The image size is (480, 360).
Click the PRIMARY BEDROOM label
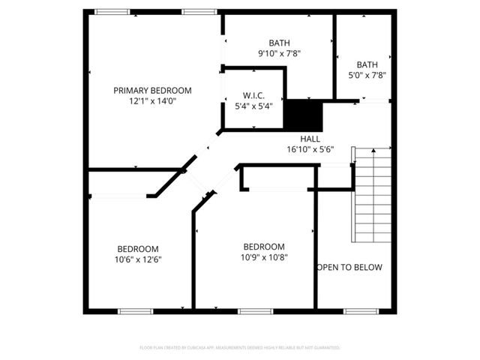pyautogui.click(x=152, y=90)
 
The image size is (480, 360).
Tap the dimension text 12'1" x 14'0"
pyautogui.click(x=152, y=101)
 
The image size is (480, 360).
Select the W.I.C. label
pyautogui.click(x=253, y=95)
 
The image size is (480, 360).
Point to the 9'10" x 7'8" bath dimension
pyautogui.click(x=279, y=54)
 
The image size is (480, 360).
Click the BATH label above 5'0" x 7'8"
pyautogui.click(x=367, y=64)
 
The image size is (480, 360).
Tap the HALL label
pyautogui.click(x=310, y=139)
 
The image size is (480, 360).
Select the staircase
pyautogui.click(x=372, y=193)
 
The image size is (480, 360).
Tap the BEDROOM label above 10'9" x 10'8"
pyautogui.click(x=264, y=247)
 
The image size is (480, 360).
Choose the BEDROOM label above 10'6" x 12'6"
pyautogui.click(x=137, y=249)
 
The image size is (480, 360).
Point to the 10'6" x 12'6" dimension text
pyautogui.click(x=137, y=259)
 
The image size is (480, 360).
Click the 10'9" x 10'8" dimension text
pyautogui.click(x=264, y=257)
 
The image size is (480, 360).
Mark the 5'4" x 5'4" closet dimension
pyautogui.click(x=253, y=106)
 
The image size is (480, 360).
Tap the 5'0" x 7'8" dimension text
pyautogui.click(x=367, y=75)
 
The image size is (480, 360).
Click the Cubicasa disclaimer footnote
pyautogui.click(x=240, y=348)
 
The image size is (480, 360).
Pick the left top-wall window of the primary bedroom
pyautogui.click(x=112, y=10)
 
